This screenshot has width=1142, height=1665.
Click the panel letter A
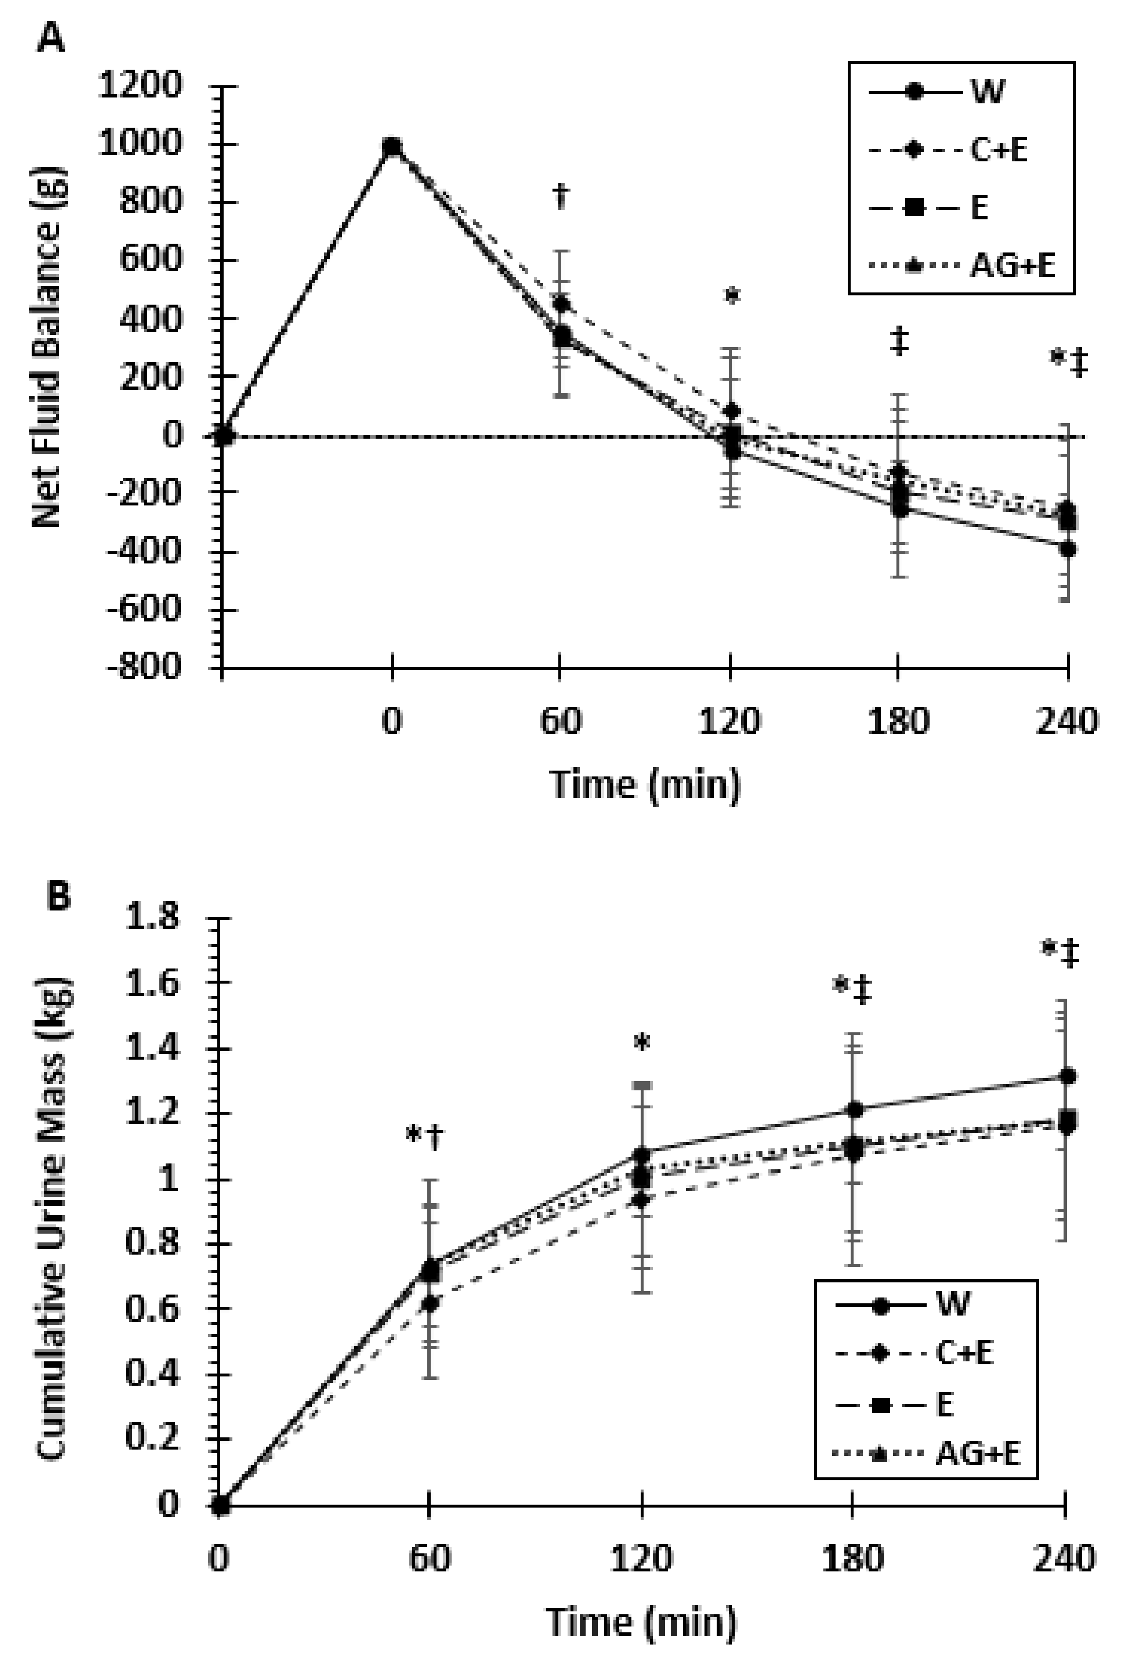coord(50,37)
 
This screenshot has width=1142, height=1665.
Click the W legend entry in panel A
coord(988,92)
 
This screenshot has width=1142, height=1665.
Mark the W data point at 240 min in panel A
coord(1068,549)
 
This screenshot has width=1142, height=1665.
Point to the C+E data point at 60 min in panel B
coord(430,1303)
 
